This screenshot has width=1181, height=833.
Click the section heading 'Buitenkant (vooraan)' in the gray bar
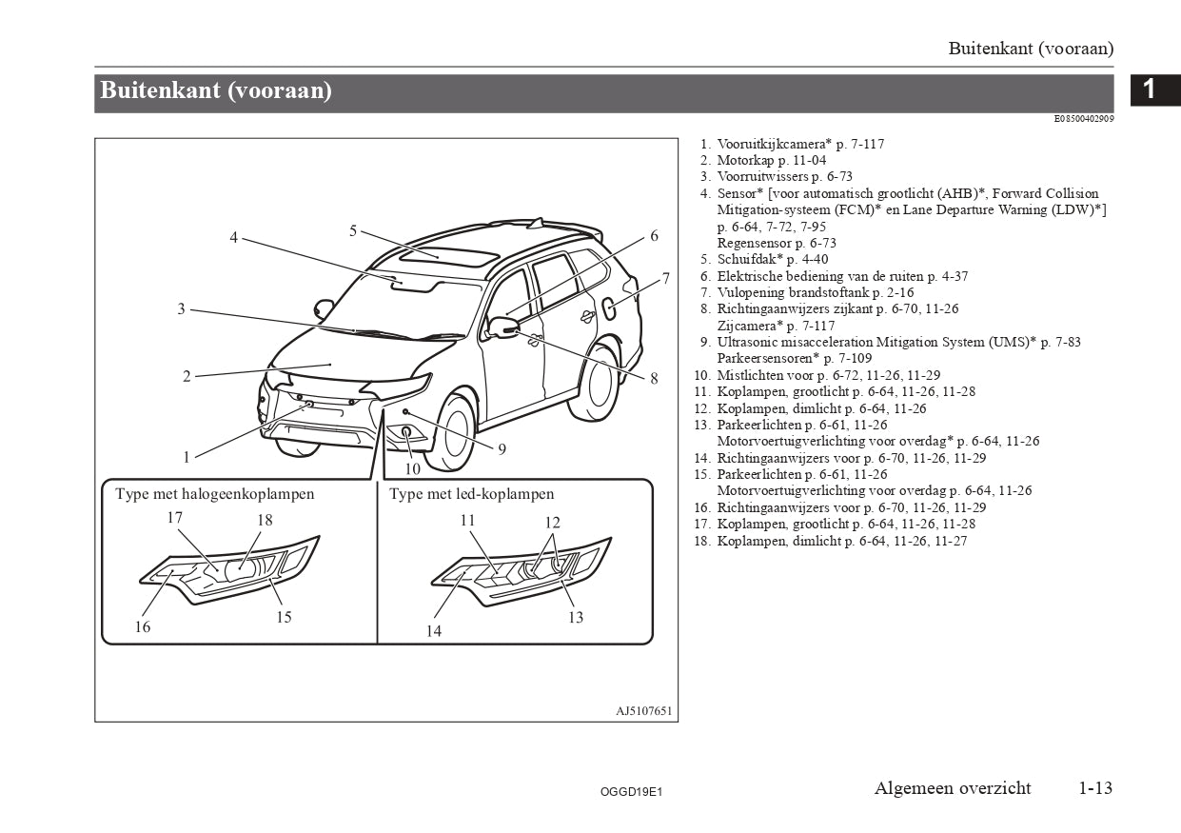coord(216,91)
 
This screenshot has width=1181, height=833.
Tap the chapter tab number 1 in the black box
coord(1149,89)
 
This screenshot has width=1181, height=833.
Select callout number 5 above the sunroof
coord(352,230)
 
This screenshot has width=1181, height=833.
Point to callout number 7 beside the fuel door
coord(666,278)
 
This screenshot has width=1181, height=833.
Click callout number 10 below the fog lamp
coord(412,468)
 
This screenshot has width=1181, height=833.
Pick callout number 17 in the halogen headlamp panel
coord(174,518)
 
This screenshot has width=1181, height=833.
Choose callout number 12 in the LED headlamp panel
coord(553,522)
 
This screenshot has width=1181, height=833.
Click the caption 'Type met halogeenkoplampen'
coord(215,494)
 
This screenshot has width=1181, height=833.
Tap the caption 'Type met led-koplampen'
coord(471,494)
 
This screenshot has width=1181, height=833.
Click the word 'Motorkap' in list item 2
coord(746,161)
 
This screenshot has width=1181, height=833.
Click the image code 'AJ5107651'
coord(643,711)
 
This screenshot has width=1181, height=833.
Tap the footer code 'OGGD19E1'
coord(631,791)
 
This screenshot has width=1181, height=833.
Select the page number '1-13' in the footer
coord(1095,788)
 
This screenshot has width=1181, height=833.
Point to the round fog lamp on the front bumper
coord(407,433)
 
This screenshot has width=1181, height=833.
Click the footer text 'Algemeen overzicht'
coord(953,788)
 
